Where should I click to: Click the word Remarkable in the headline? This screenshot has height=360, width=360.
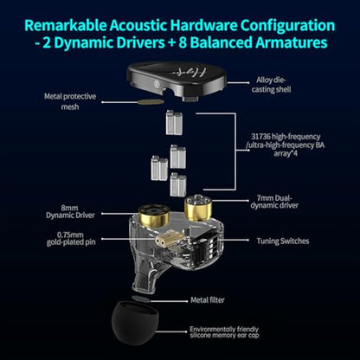click(x=66, y=25)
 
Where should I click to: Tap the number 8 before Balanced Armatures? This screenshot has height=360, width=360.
click(x=183, y=43)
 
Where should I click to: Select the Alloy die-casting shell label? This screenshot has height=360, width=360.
click(x=271, y=85)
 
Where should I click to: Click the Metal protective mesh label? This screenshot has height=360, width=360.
click(x=70, y=101)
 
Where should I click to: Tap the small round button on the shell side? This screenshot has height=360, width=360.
click(x=157, y=85)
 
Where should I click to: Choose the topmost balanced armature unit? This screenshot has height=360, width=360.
click(x=174, y=123)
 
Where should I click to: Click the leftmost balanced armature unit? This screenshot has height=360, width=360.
click(x=159, y=168)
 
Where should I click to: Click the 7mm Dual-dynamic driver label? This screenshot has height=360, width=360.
click(x=274, y=202)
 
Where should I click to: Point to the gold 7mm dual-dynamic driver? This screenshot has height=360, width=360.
click(x=198, y=207)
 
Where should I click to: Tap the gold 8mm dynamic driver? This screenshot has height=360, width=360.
click(x=154, y=215)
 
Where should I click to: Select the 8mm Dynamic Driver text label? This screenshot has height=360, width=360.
click(x=70, y=211)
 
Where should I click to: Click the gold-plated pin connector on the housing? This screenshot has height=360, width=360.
click(x=163, y=241)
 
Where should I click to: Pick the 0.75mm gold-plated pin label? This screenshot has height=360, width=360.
click(x=71, y=239)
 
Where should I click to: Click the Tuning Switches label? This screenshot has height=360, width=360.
click(x=283, y=241)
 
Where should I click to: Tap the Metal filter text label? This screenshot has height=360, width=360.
click(x=208, y=300)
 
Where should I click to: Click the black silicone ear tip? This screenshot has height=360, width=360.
click(x=135, y=323)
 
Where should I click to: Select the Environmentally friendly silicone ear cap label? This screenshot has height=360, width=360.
click(x=224, y=332)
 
